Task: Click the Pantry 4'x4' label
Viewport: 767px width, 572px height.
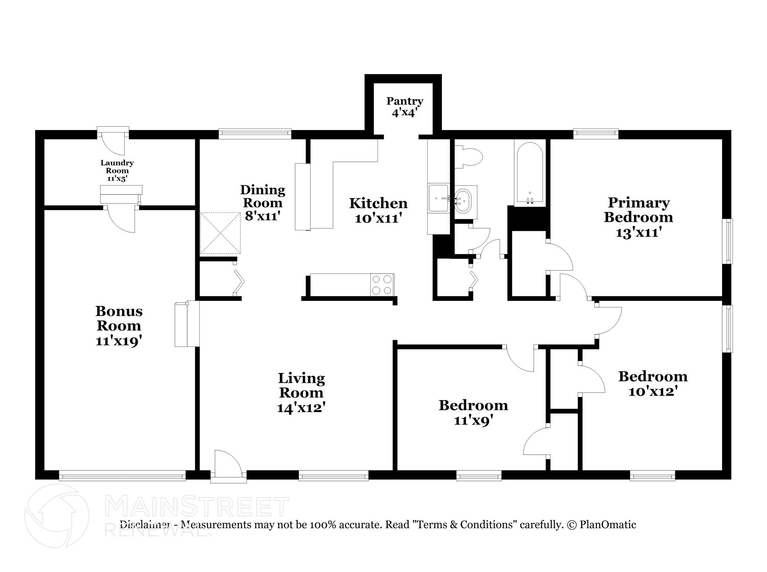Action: point(405,107)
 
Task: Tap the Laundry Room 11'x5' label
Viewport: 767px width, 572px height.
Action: point(117,170)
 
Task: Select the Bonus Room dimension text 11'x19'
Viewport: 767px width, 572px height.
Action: point(119,341)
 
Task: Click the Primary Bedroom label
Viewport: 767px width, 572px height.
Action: point(639,210)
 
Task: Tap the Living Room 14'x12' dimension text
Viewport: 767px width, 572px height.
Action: point(301,408)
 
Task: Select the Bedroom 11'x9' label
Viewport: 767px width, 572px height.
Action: point(473,413)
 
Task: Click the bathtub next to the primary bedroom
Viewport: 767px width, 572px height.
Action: point(530,173)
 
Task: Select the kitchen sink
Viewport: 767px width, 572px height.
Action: point(439,199)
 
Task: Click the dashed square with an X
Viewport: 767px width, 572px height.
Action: point(220,233)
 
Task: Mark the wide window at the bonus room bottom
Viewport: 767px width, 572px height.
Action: point(122,475)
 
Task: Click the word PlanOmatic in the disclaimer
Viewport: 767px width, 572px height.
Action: point(608,525)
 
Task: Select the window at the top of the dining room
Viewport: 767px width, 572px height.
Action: point(255,134)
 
